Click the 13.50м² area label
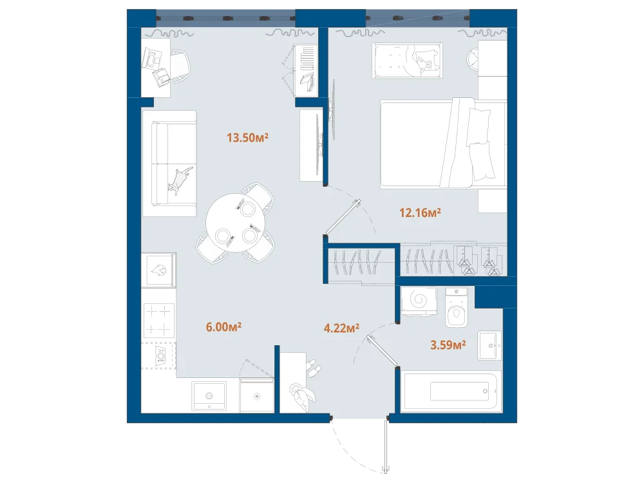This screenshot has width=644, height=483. coord(248,137)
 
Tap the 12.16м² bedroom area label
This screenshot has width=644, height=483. coord(420,213)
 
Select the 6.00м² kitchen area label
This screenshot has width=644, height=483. coord(223,327)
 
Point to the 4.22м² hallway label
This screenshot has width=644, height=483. coord(342,328)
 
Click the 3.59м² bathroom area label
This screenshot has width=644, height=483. coord(448,345)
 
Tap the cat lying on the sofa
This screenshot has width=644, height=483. coord(180,180)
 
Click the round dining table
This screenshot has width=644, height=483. coord(235,223)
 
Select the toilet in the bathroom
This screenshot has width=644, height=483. coord(457,307)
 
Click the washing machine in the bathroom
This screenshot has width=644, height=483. coord(419,301)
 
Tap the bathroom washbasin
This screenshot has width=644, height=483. coord(490,345)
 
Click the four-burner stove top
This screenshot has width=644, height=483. coord(158,321)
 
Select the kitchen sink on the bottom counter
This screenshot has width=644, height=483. coord(209,395)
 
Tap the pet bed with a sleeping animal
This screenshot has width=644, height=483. coord(408,61)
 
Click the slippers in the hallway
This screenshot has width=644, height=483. coord(313,368)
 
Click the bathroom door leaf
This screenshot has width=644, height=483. coord(383,350)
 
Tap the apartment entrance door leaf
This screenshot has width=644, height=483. coord(386,444)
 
